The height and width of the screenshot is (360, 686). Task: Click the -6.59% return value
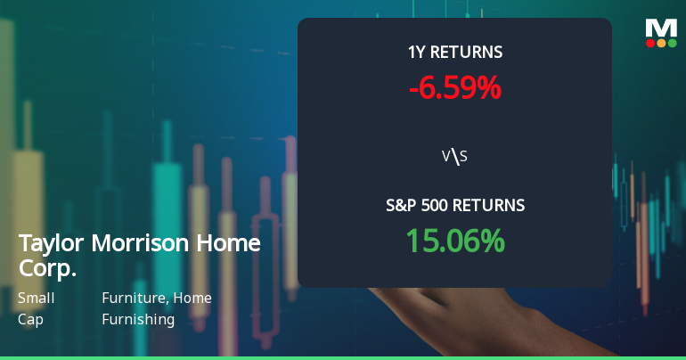coord(454,88)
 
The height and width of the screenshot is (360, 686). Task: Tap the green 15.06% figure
coord(454,241)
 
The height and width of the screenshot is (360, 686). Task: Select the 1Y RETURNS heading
coord(454,53)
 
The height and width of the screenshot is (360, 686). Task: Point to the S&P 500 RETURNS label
coord(454,205)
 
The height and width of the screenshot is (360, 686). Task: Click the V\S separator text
coord(454,157)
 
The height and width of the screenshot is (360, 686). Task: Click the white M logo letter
coord(661,27)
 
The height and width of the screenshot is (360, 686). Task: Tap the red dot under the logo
coord(650,42)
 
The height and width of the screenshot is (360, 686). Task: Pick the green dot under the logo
coord(673,42)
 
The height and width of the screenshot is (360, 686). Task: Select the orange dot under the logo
coord(661,42)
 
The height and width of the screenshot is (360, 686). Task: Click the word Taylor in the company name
coord(47,244)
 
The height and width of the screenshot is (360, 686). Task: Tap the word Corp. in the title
coord(47,267)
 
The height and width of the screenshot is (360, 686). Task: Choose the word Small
coord(37,298)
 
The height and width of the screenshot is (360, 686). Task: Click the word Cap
coord(29,318)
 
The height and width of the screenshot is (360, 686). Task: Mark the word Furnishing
coord(138,318)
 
